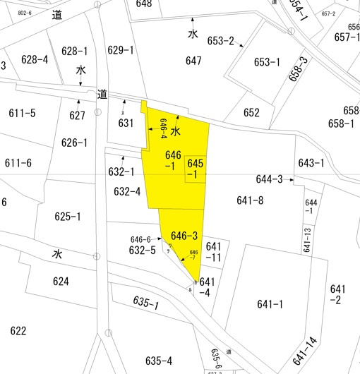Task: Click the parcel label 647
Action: (194, 61)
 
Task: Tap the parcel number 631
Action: (126, 123)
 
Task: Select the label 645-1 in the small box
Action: (196, 169)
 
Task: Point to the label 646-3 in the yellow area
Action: (184, 236)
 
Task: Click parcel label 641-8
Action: (250, 201)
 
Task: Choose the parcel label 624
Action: (61, 282)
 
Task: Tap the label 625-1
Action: (68, 217)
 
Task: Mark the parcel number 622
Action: (18, 331)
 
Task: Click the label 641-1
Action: (270, 304)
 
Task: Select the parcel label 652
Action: (251, 113)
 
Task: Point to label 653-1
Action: (267, 62)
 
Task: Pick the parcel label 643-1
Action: (311, 163)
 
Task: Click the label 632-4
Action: (127, 191)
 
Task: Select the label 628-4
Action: (35, 59)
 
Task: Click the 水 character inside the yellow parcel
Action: (176, 131)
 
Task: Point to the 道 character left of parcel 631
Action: (103, 94)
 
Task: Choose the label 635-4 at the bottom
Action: (159, 361)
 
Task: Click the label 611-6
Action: (18, 164)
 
